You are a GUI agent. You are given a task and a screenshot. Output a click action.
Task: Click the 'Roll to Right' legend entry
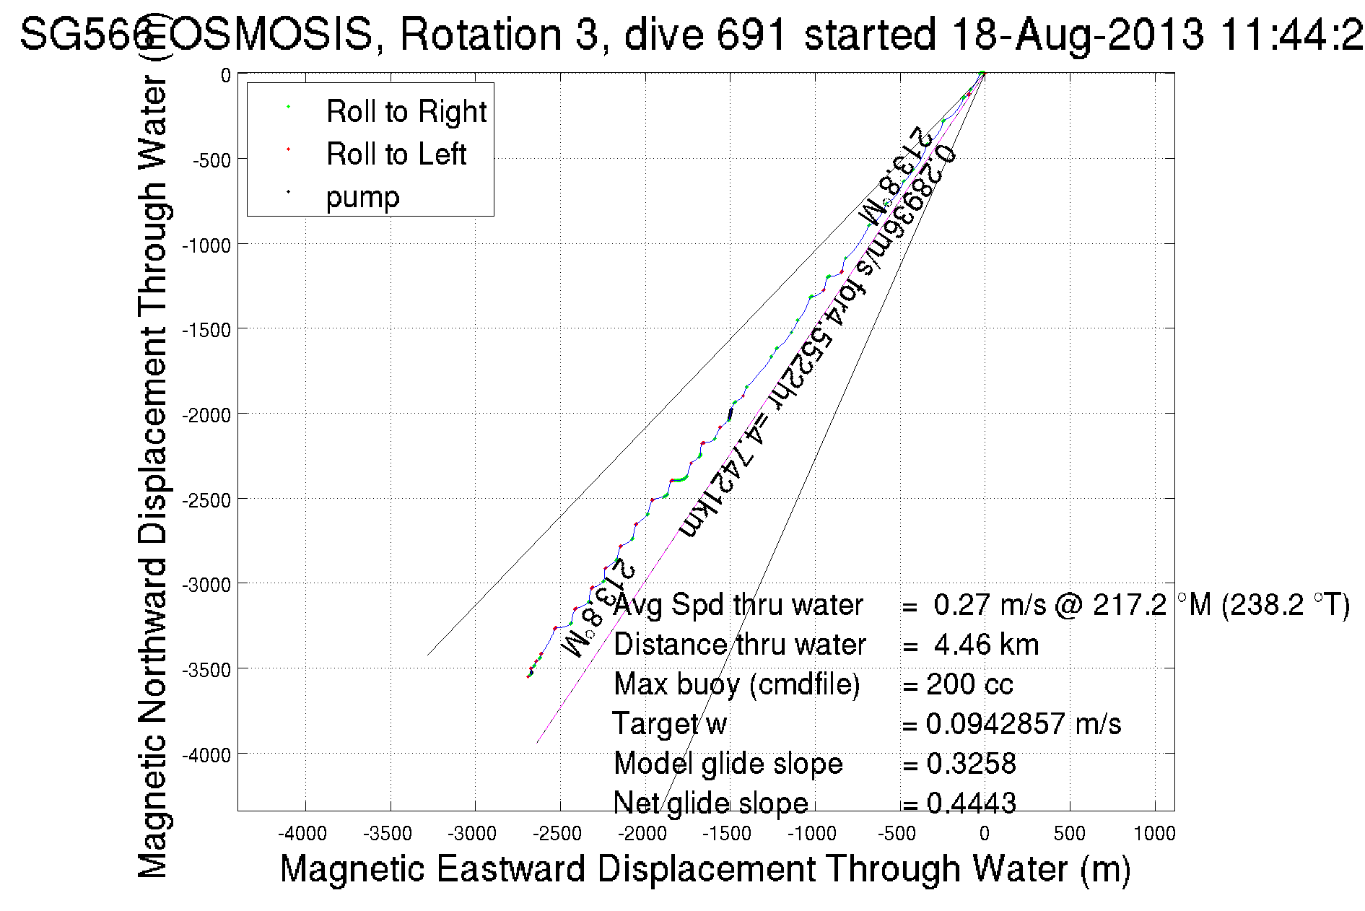406,112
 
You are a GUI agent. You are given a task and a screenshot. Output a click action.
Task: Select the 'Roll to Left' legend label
396,154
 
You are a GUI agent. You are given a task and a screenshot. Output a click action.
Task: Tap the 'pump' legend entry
362,197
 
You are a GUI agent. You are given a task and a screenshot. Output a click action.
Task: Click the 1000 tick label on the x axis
1154,834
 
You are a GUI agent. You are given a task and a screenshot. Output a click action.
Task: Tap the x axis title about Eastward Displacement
705,868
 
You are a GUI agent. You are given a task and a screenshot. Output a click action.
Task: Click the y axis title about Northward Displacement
152,476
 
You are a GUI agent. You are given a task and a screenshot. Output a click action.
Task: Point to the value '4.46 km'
986,645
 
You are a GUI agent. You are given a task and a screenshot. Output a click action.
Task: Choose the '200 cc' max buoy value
969,684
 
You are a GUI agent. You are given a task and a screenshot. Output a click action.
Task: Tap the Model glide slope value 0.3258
971,764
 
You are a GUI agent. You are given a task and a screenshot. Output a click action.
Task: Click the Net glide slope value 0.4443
971,803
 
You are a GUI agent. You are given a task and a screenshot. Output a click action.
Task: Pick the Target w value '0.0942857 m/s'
1023,724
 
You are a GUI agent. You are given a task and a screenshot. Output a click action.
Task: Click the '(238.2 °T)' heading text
1286,605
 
